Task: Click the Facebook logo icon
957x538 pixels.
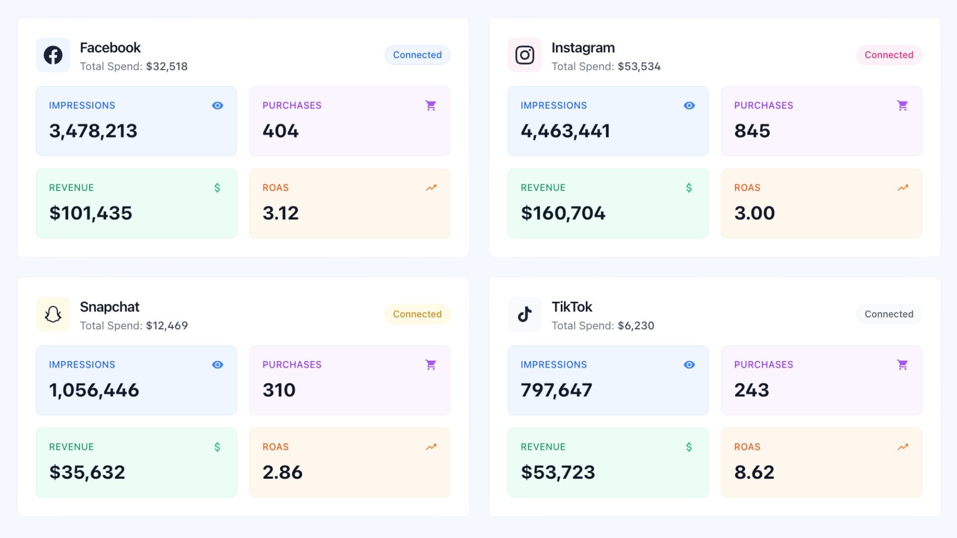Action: pos(53,55)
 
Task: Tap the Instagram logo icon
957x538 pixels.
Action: pos(524,55)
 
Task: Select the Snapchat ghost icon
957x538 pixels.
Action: pos(53,314)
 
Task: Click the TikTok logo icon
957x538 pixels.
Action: pos(524,314)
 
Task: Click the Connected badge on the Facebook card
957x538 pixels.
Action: pos(417,55)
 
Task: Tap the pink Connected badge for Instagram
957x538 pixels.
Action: pos(889,55)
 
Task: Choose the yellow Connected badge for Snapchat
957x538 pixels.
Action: pos(417,314)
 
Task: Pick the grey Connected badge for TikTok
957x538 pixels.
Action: pos(889,314)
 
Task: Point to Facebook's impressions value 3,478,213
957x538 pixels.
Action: pos(93,131)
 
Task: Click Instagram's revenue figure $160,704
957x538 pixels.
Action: pos(563,213)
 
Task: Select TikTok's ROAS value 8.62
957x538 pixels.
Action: pos(754,472)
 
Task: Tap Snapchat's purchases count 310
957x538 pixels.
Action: pos(279,390)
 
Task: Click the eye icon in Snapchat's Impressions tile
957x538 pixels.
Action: pos(217,365)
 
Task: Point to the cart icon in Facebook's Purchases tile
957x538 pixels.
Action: pos(431,106)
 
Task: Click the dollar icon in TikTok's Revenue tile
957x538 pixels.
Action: pos(689,447)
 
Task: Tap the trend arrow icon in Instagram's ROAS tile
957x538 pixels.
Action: pos(903,188)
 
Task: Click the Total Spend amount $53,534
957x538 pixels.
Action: pos(639,66)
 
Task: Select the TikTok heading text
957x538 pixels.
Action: pos(572,307)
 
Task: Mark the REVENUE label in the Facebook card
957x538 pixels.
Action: pos(71,188)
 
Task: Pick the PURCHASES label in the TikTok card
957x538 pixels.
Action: pos(763,365)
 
